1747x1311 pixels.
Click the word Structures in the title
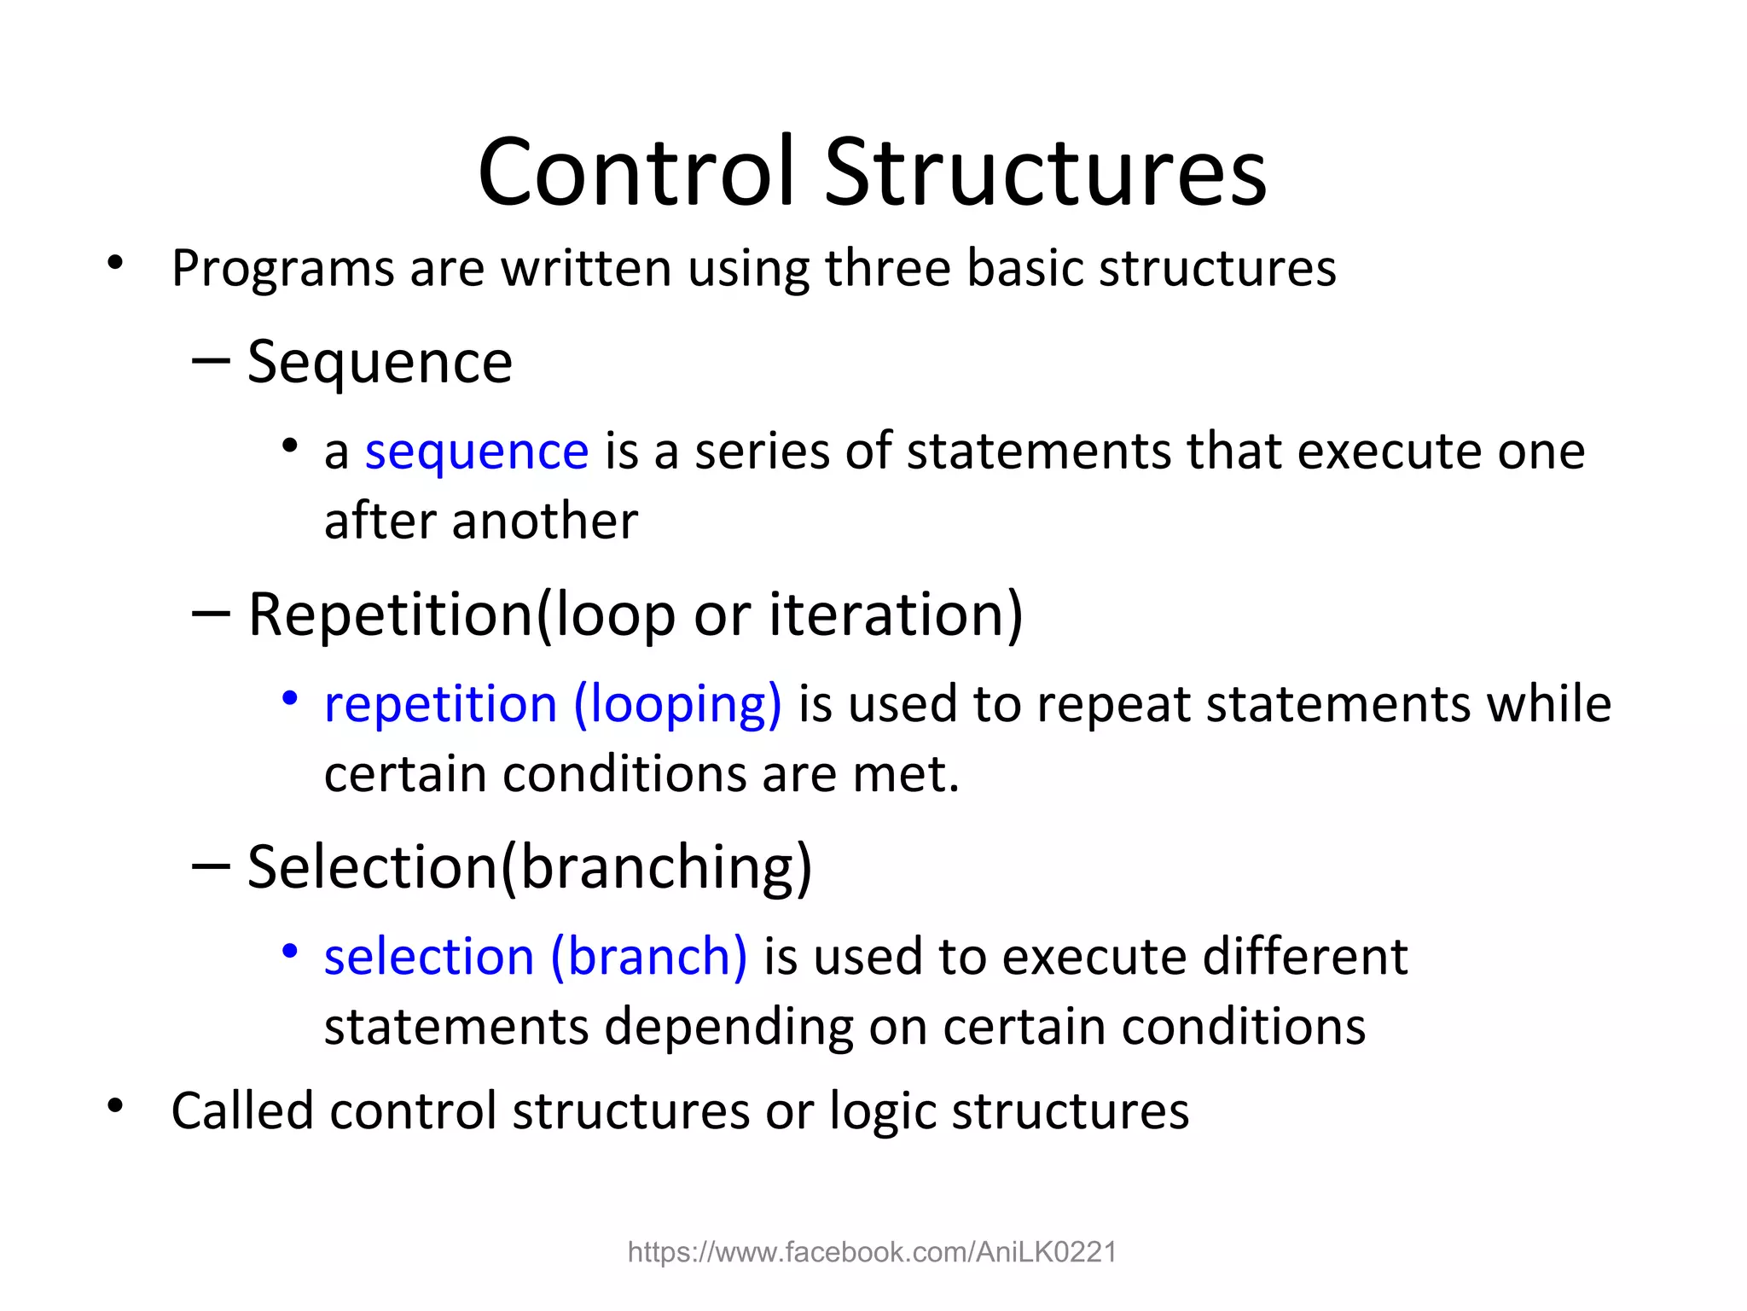tap(1046, 172)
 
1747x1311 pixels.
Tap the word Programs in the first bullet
tap(282, 269)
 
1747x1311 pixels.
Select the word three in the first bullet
tap(887, 269)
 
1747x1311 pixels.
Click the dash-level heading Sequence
tap(380, 363)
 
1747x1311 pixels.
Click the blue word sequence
tap(477, 452)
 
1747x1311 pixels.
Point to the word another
tap(545, 521)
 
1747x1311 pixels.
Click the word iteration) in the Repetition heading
tap(895, 615)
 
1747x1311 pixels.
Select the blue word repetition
tap(440, 705)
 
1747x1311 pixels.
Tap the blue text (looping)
tap(677, 705)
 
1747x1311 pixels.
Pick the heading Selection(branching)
tap(529, 867)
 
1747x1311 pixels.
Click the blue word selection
tap(429, 957)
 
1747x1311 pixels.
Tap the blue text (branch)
tap(649, 957)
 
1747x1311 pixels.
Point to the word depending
tap(728, 1027)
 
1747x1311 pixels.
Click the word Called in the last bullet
tap(242, 1111)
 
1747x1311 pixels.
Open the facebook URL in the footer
tap(872, 1252)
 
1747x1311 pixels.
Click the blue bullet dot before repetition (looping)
tap(290, 699)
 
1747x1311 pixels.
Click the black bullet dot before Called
tap(115, 1106)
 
